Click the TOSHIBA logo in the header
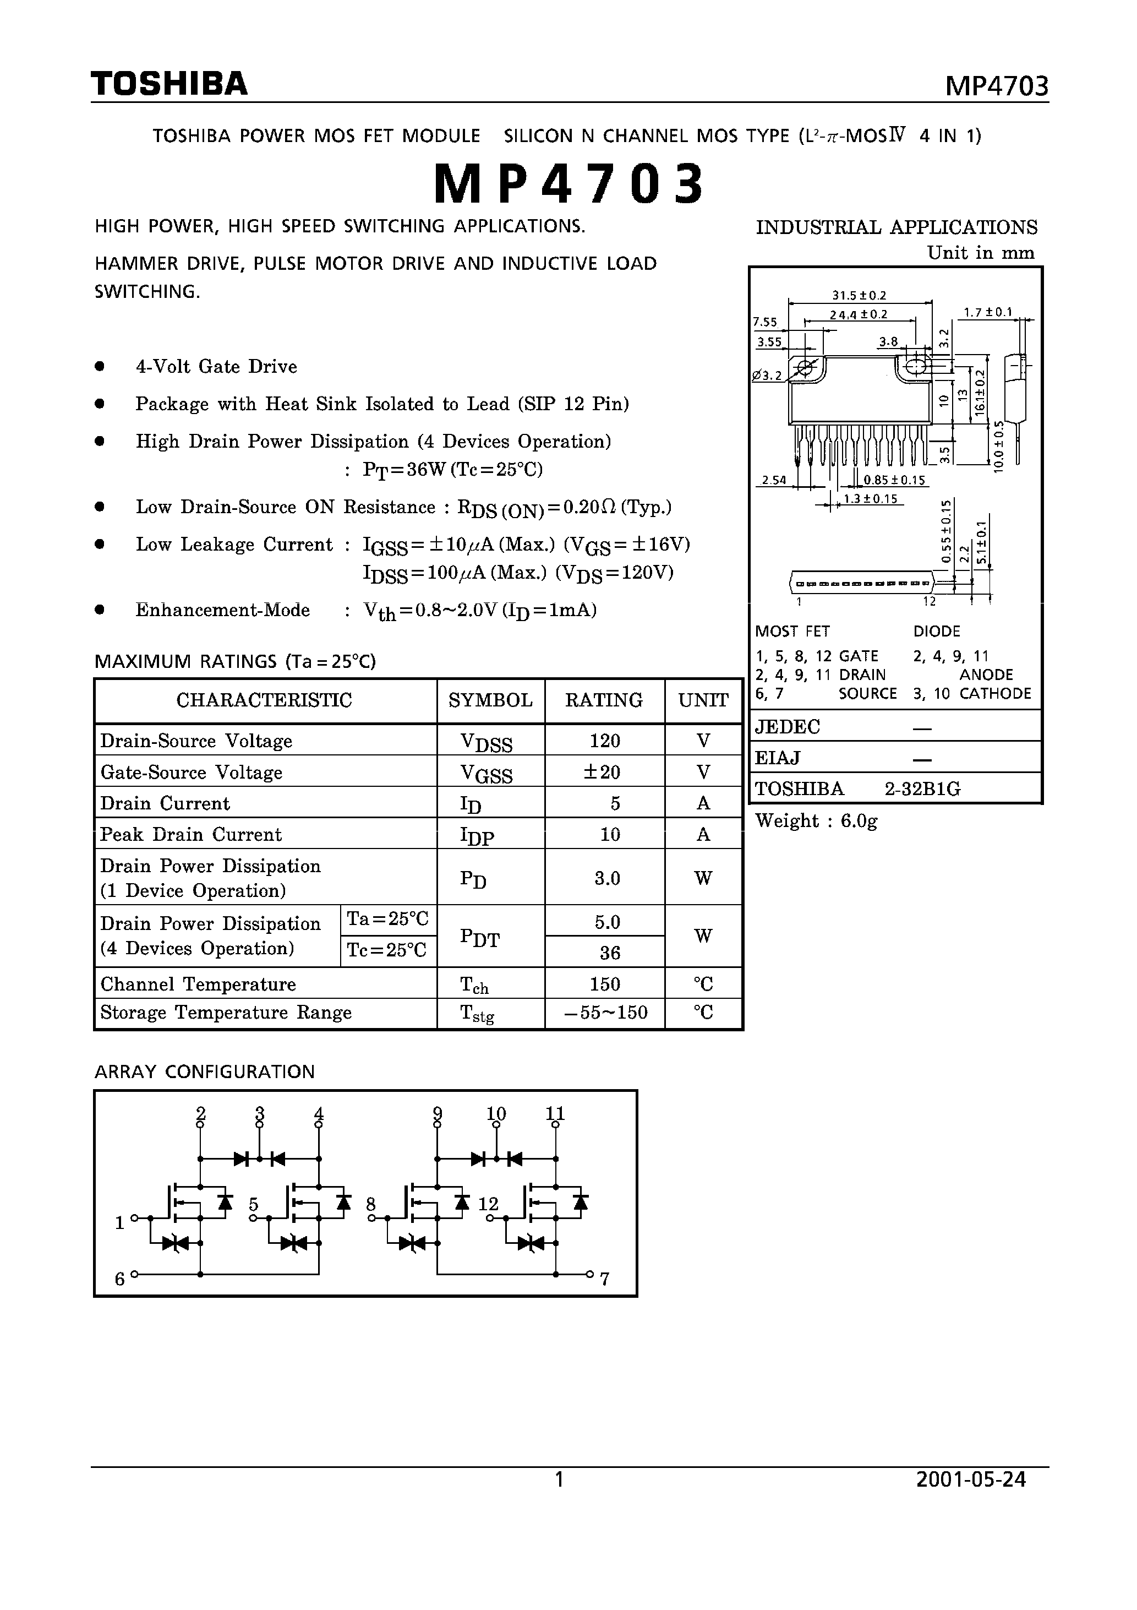[169, 84]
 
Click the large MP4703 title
[568, 184]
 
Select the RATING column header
[604, 700]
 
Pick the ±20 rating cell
[604, 772]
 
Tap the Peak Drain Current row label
[190, 834]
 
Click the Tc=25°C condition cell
[387, 950]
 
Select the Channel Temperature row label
[198, 985]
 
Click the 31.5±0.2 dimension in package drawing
[859, 296]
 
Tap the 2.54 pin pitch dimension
[774, 480]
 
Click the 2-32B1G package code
[922, 790]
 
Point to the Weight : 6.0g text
[816, 821]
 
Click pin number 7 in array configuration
[604, 1279]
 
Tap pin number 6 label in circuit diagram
[120, 1279]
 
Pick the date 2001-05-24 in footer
[971, 1480]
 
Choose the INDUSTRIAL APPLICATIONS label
[896, 227]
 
